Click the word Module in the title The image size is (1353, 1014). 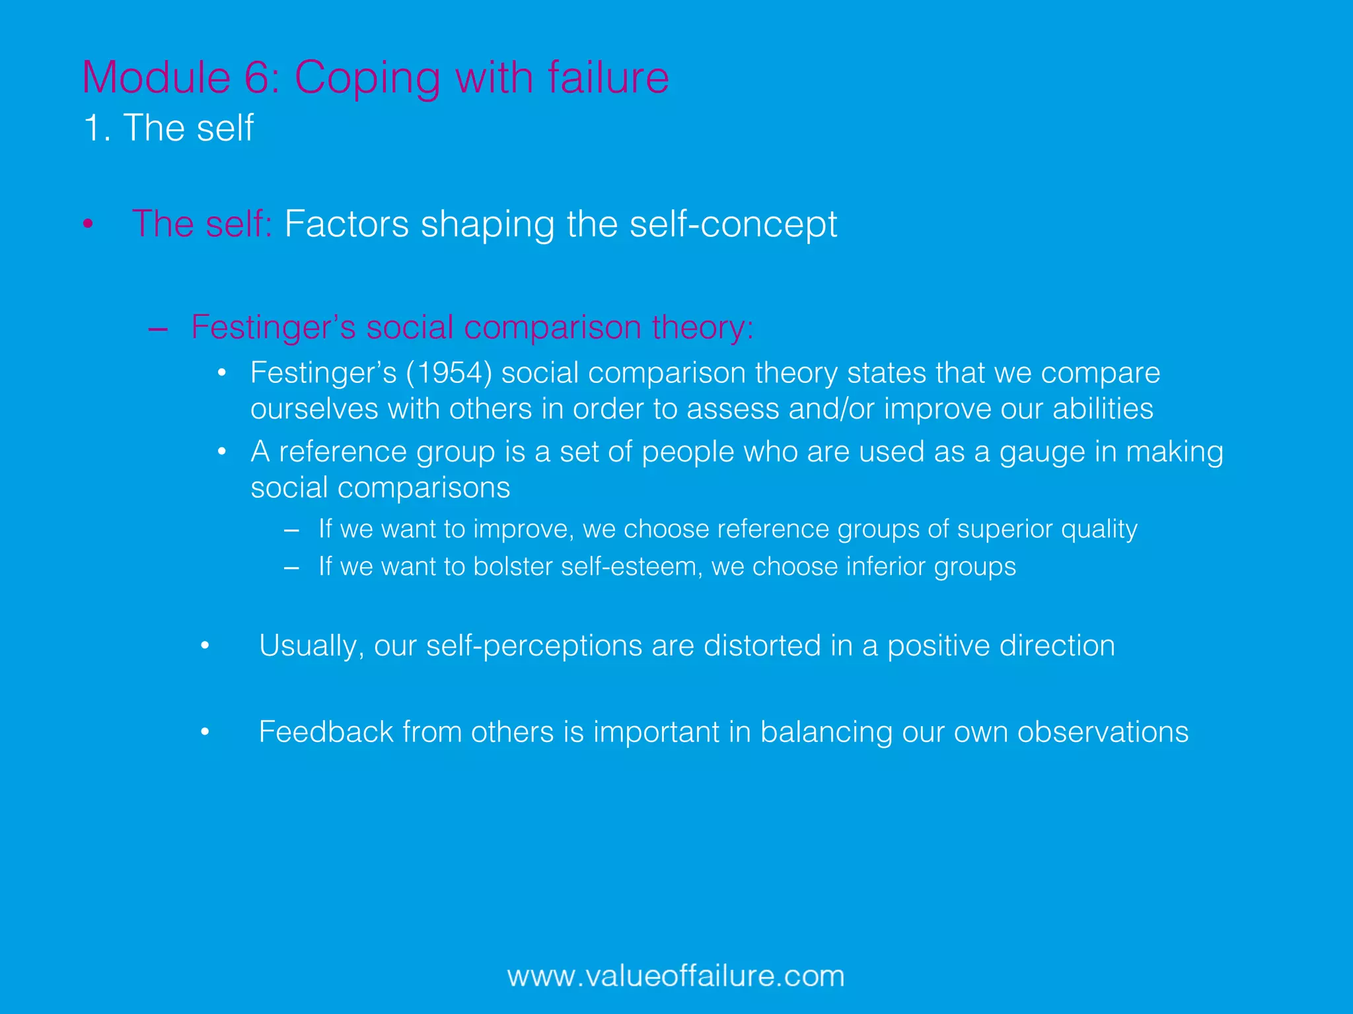156,78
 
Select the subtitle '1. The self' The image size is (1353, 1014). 168,127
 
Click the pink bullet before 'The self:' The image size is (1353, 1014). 88,224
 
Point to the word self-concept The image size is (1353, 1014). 733,224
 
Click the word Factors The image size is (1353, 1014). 347,224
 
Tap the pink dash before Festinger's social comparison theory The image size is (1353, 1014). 158,328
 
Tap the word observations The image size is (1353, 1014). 1103,732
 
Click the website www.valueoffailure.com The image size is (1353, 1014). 676,976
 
